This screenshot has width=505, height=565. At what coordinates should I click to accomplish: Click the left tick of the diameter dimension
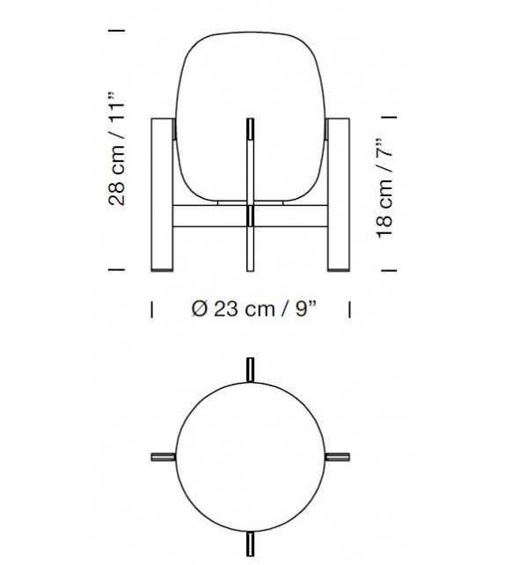click(153, 309)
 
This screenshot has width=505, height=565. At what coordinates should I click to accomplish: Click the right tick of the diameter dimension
click(350, 309)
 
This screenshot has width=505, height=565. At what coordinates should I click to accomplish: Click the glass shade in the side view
click(252, 114)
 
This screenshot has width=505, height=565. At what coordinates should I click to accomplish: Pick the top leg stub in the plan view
click(252, 370)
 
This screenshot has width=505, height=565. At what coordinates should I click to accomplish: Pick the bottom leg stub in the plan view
click(252, 544)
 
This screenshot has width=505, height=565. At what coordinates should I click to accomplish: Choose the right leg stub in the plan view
click(339, 457)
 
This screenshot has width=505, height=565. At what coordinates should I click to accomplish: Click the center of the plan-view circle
click(252, 457)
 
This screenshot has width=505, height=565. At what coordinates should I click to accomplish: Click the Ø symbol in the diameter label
click(198, 309)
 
